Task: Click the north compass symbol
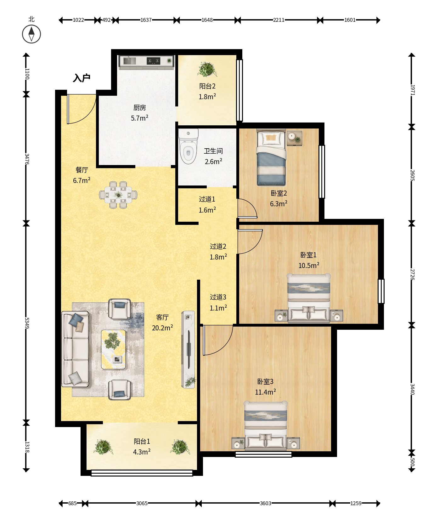tap(31, 34)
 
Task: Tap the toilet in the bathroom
tap(188, 146)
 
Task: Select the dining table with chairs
tap(118, 195)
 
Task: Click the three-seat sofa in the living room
tap(75, 349)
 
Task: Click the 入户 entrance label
tap(82, 78)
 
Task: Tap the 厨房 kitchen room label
tap(139, 108)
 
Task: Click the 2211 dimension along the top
tap(279, 20)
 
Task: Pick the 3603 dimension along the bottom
tap(265, 503)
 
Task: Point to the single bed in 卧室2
tap(271, 157)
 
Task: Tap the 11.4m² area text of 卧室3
tap(265, 392)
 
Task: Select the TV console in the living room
tap(188, 350)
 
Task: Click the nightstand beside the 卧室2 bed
tap(295, 138)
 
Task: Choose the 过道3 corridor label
tap(218, 297)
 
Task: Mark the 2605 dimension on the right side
tap(412, 175)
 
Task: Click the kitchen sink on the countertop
tap(129, 60)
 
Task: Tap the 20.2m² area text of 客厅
tap(162, 328)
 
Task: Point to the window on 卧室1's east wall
tap(381, 291)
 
